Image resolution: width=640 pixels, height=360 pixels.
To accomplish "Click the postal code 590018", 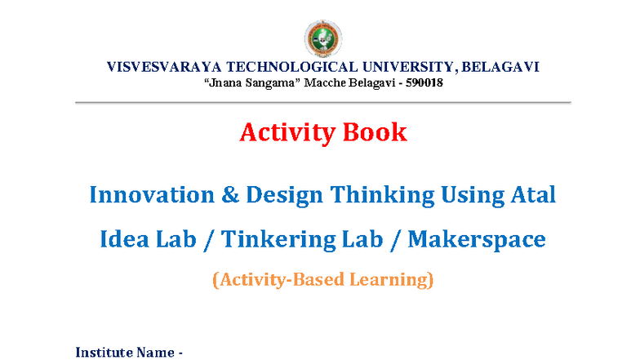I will coord(420,82).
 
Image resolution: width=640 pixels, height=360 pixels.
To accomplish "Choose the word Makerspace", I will coord(476,240).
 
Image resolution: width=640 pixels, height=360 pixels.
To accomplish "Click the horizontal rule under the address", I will coord(323,102).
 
